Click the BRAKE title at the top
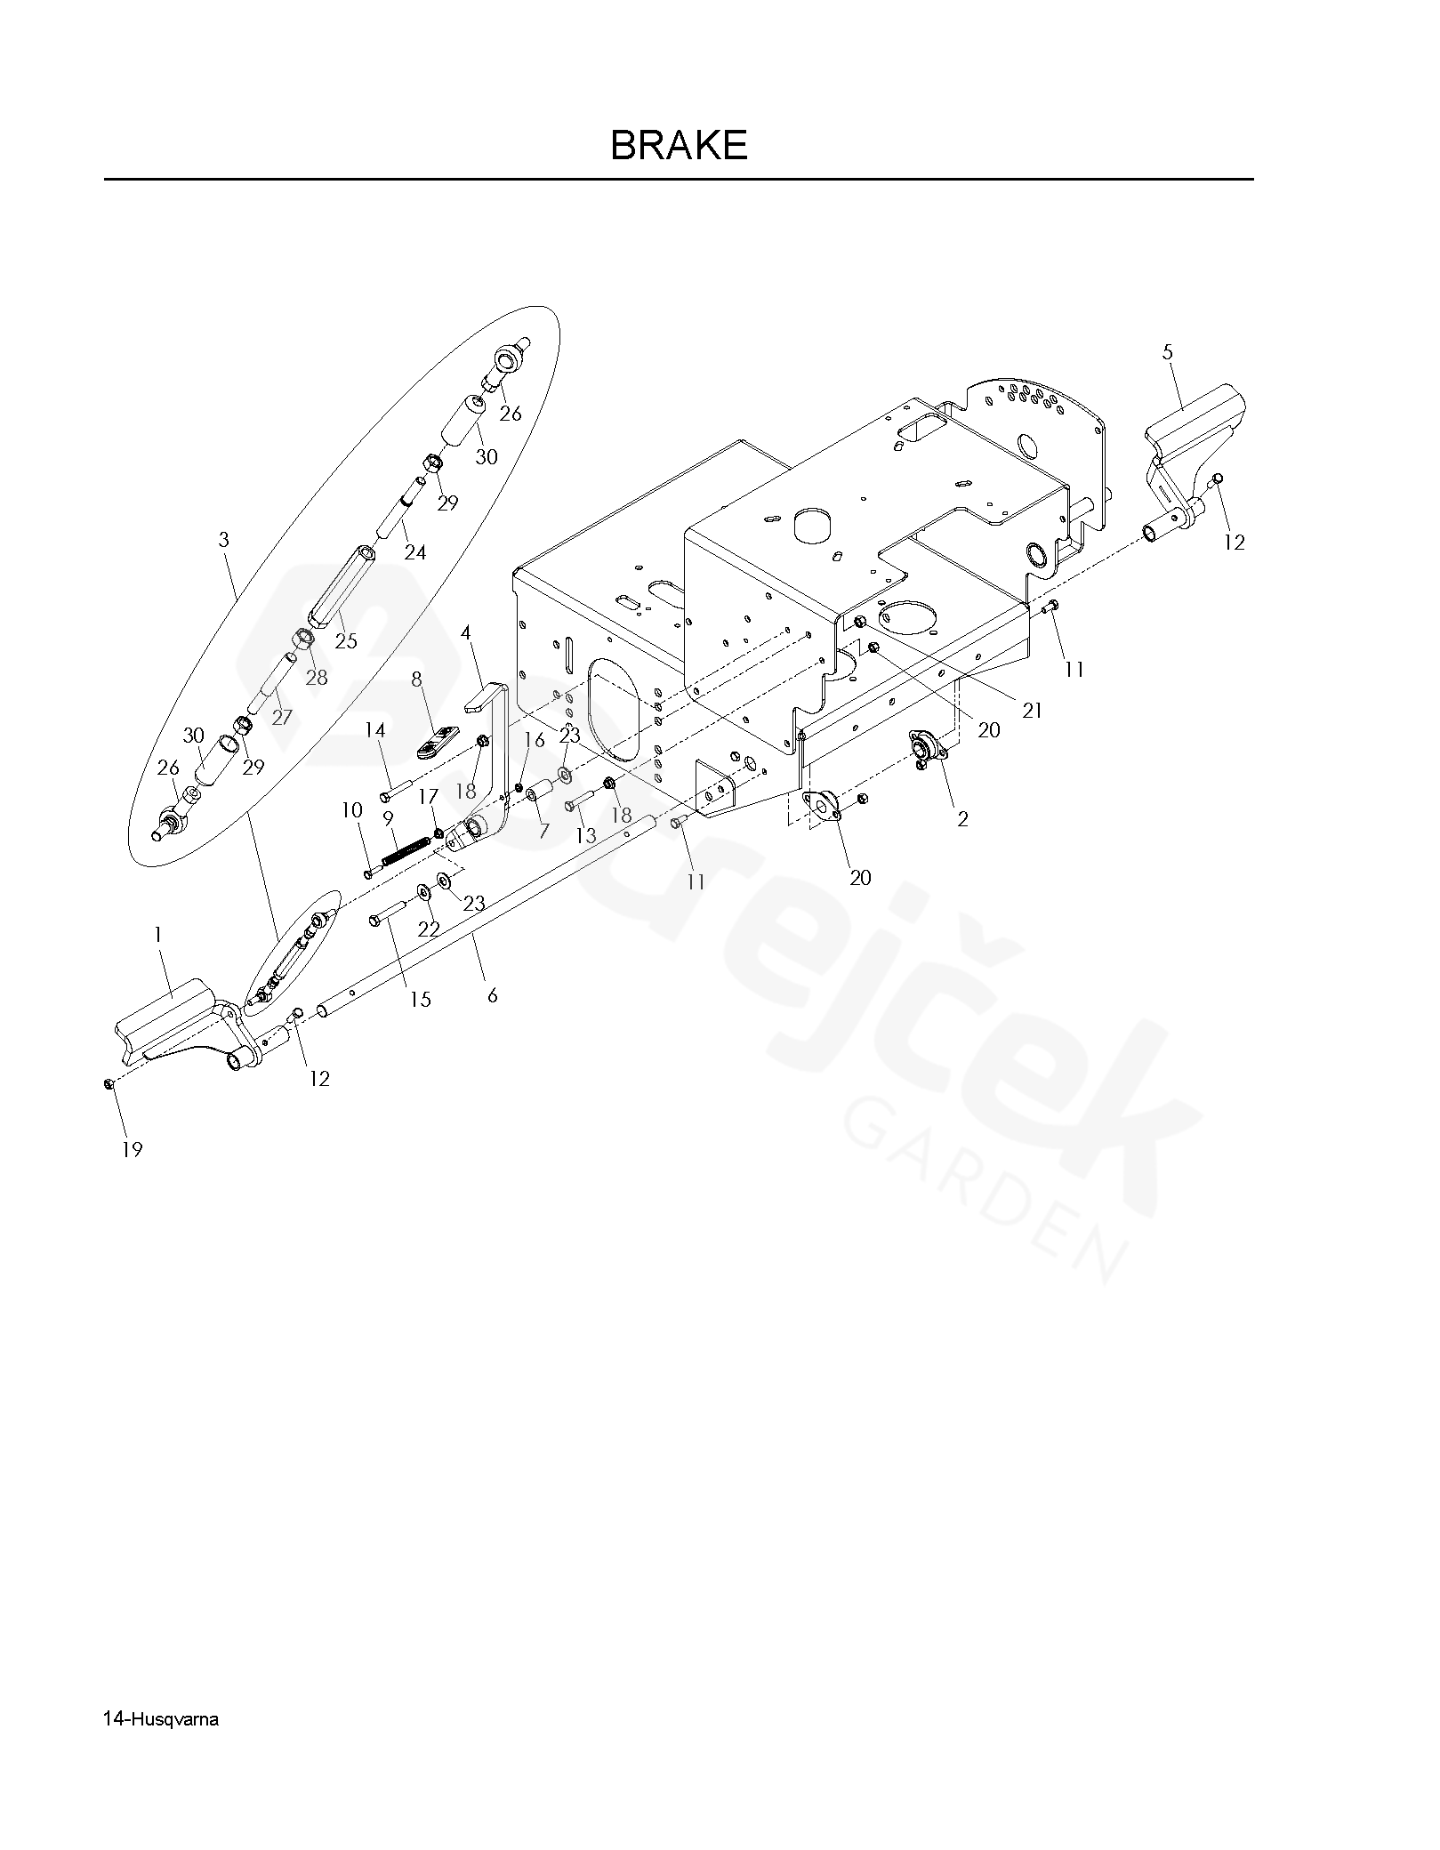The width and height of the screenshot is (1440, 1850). point(679,145)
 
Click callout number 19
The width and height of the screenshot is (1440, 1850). point(132,1150)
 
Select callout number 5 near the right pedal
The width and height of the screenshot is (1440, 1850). point(1167,352)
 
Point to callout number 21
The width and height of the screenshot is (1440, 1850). point(1032,711)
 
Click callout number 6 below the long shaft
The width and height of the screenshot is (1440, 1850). point(492,995)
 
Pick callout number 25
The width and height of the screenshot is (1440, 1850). point(345,639)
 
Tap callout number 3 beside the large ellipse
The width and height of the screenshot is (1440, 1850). point(223,540)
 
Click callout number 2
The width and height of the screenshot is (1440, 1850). point(962,819)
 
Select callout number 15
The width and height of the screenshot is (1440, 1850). point(420,999)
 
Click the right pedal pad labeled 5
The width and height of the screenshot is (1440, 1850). point(1192,416)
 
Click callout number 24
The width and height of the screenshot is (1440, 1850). point(414,552)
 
